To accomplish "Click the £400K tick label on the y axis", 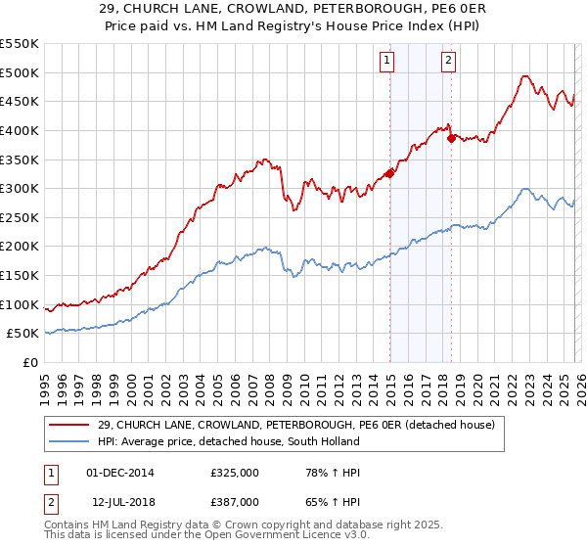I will click(x=20, y=130).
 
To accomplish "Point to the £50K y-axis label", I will click(x=23, y=334).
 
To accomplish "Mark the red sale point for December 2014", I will click(x=389, y=173).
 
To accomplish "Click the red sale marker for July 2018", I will click(x=451, y=138).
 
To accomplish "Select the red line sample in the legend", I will click(x=69, y=425).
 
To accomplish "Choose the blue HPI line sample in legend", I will click(x=69, y=441).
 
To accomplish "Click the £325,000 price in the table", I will click(x=235, y=473).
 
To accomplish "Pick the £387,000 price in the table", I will click(x=235, y=501).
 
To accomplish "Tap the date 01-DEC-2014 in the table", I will click(x=120, y=473).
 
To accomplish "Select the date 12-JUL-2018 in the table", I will click(x=120, y=501).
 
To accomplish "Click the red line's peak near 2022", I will click(x=525, y=75).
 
